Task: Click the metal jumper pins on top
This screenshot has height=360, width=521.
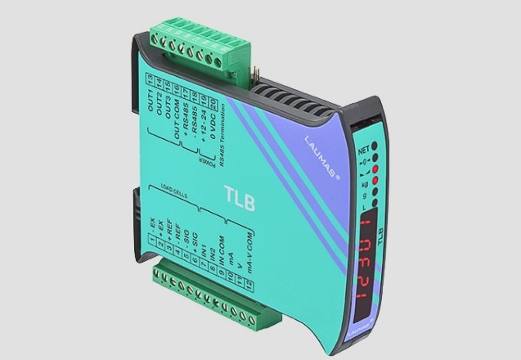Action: coord(256,77)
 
